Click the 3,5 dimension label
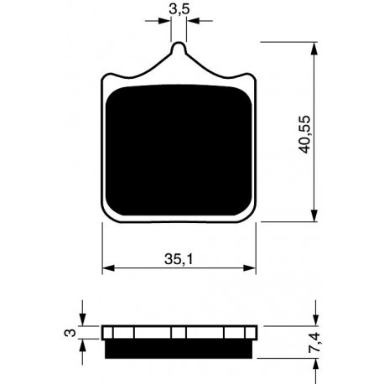pos(179,9)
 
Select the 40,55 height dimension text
pos(304,134)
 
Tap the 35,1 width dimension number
pos(179,259)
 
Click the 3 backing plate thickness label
pos(70,333)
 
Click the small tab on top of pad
pos(179,48)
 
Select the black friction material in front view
pos(179,150)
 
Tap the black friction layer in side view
pos(179,349)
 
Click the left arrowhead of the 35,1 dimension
pos(108,267)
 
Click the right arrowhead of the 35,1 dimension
pos(250,267)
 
